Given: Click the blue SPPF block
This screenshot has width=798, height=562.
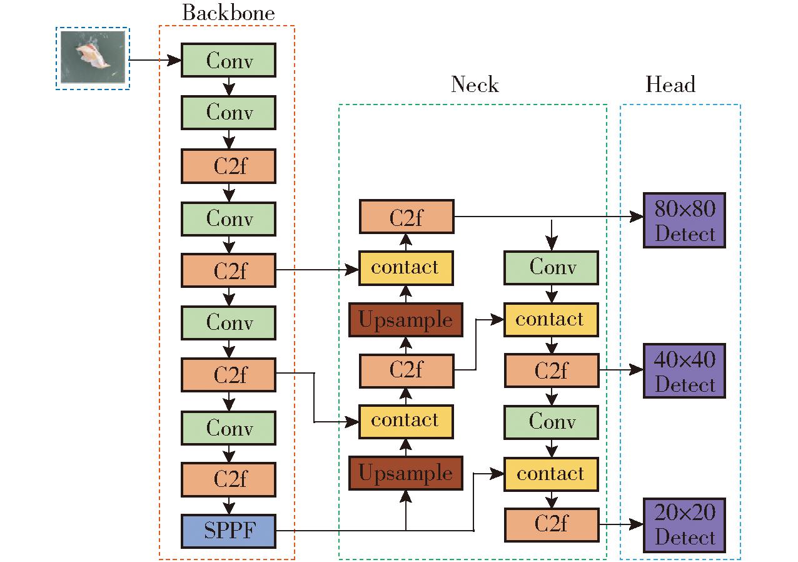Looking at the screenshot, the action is point(228,531).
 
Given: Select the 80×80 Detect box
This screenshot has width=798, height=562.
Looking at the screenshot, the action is point(684,220).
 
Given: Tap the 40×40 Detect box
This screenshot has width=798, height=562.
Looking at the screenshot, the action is point(684,370).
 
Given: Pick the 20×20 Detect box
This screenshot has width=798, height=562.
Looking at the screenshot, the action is point(684,525).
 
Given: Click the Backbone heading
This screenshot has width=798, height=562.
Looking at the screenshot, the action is point(228,13).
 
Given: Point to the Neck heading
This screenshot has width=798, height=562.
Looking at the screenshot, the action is point(475,84).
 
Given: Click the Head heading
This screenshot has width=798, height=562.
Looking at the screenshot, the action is point(670,84).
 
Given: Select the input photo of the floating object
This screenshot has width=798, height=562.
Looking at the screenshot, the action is point(93,57).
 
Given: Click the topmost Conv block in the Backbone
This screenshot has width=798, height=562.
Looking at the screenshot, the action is point(228,60).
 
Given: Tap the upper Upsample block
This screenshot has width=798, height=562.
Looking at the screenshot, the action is point(406,320).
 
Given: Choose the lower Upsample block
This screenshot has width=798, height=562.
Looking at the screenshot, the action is point(406,473).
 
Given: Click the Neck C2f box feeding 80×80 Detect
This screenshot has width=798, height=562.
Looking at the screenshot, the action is point(407,217).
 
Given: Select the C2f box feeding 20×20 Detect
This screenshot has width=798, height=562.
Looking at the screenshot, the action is point(552,524).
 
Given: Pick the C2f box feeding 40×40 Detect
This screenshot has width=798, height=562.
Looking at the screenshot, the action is point(552,370).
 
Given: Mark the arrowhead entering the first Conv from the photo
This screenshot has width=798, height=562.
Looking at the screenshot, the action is point(174,60).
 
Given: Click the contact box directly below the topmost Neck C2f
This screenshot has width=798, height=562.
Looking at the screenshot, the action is point(406,268).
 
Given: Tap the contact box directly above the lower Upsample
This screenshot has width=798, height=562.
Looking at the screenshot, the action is point(406,422).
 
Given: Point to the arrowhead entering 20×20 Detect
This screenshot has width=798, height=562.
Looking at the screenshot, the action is point(637,524).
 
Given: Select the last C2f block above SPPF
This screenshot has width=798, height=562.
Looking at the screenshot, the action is point(228,479).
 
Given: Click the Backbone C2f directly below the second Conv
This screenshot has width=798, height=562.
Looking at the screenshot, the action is point(228,166).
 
